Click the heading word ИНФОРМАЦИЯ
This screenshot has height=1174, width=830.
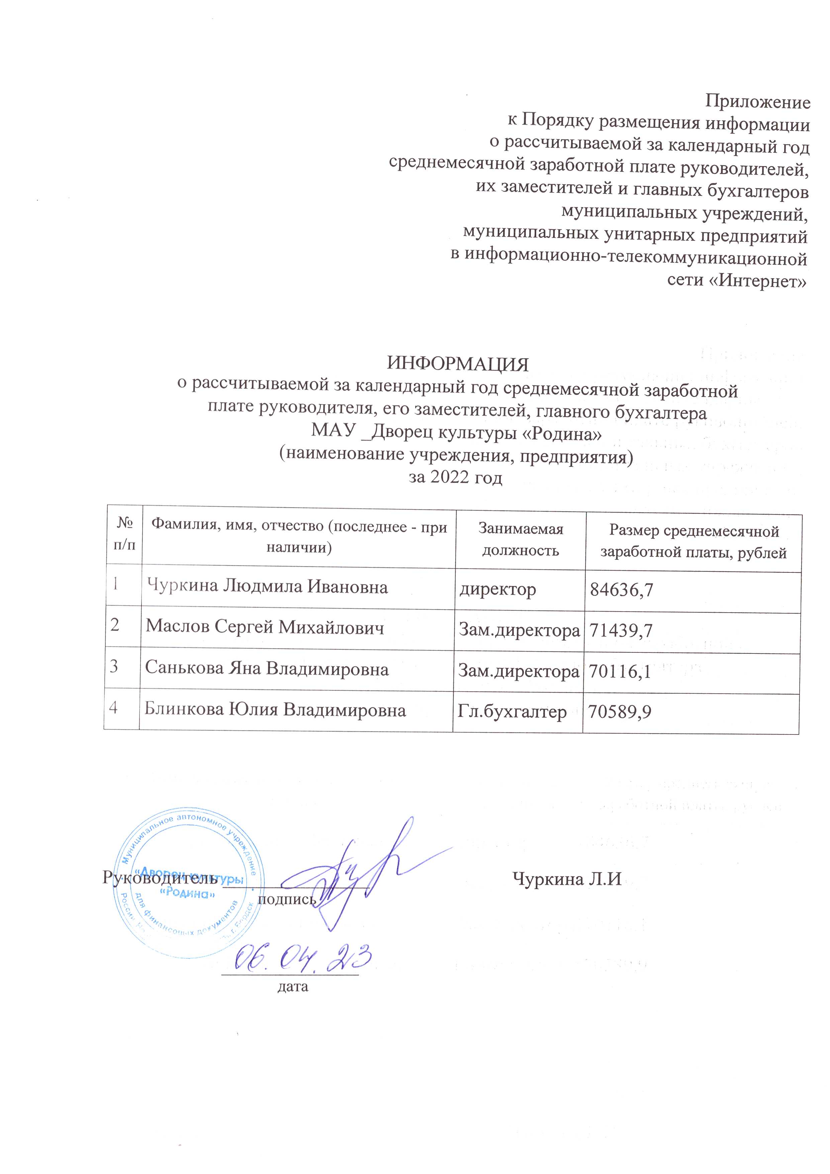point(457,365)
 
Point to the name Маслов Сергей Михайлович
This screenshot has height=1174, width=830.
point(264,627)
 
